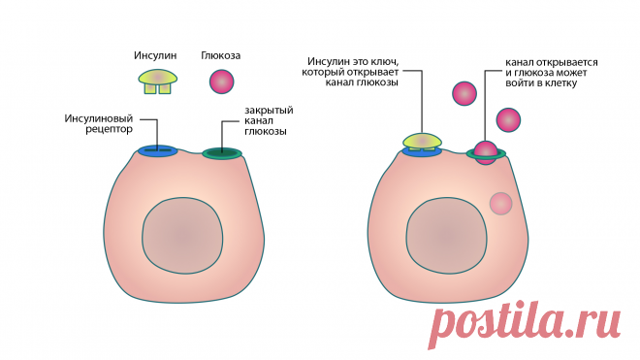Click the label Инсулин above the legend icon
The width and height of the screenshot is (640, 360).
point(155,55)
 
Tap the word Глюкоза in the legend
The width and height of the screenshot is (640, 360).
point(221,55)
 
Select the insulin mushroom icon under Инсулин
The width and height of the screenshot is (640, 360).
point(157,82)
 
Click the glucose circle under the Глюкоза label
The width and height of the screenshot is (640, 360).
point(222,82)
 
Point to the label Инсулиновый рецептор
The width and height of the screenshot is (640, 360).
point(99,124)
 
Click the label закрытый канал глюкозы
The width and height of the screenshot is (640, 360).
point(269,120)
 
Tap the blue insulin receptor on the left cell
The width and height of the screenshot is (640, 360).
point(157,150)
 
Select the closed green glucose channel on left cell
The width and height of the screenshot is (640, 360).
point(222,153)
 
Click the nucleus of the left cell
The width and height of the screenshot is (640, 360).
point(182,236)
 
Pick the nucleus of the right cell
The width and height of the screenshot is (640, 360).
point(446,236)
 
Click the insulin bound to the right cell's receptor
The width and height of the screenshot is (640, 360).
point(422,142)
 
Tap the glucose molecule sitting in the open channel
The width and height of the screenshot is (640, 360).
point(486,152)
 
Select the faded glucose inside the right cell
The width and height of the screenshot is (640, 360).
point(500,204)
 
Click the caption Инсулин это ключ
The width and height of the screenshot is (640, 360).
point(353,62)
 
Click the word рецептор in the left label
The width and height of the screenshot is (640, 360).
point(109,129)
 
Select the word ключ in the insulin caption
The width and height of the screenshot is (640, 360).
point(384,62)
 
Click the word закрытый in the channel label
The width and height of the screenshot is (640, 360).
point(269,111)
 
